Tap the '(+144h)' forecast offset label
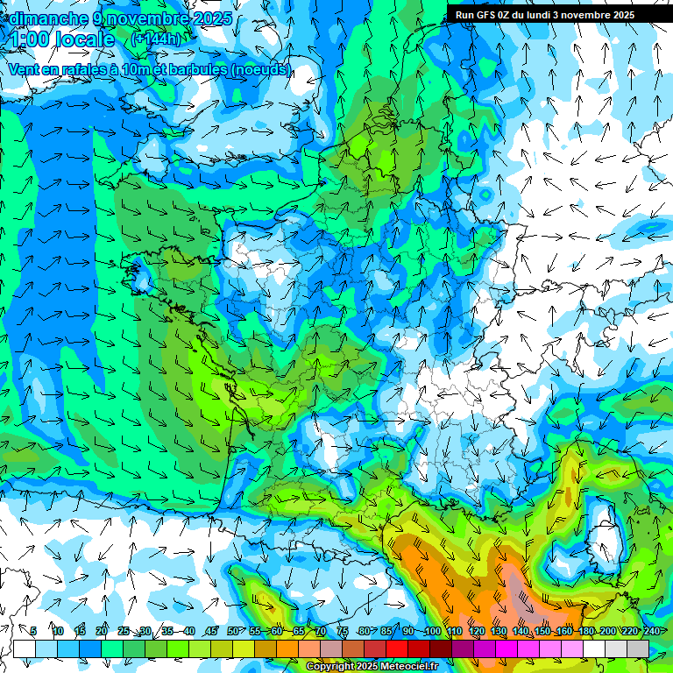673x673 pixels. click(157, 39)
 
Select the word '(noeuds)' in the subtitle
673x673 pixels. click(260, 69)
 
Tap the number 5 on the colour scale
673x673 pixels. click(33, 632)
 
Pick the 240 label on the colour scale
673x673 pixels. click(650, 632)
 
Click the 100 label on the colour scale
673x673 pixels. click(432, 632)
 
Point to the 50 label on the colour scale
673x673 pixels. click(233, 632)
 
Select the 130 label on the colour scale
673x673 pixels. click(498, 632)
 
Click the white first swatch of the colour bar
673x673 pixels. click(25, 648)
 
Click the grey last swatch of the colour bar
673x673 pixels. click(638, 648)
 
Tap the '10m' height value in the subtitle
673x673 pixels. click(134, 69)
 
